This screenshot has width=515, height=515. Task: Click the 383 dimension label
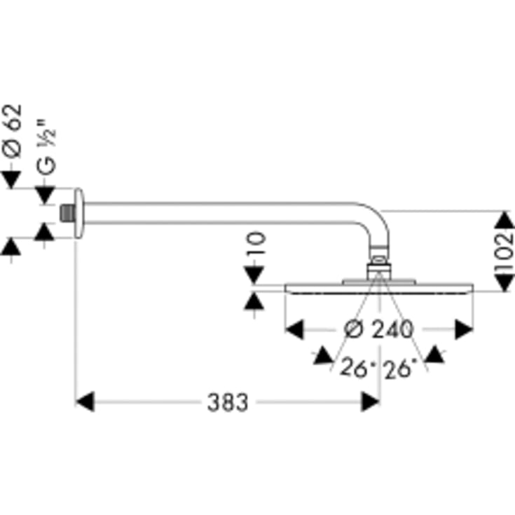[228, 402]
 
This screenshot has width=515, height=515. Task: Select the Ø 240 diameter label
[378, 329]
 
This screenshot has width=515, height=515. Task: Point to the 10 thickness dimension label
[256, 243]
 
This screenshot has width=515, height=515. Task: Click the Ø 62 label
[13, 131]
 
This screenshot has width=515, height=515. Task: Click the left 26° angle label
[357, 368]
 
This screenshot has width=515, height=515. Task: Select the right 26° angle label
[401, 369]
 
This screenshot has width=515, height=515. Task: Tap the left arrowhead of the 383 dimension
[85, 401]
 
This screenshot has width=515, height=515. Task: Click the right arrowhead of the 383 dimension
[370, 401]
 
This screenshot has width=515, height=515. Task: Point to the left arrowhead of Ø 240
[294, 329]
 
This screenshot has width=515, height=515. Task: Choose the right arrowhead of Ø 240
[464, 329]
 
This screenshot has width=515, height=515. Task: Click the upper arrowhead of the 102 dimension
[504, 220]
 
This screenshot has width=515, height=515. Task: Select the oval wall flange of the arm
[78, 213]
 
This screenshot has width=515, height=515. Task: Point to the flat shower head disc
[379, 289]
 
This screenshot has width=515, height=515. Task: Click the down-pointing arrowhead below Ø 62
[11, 179]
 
